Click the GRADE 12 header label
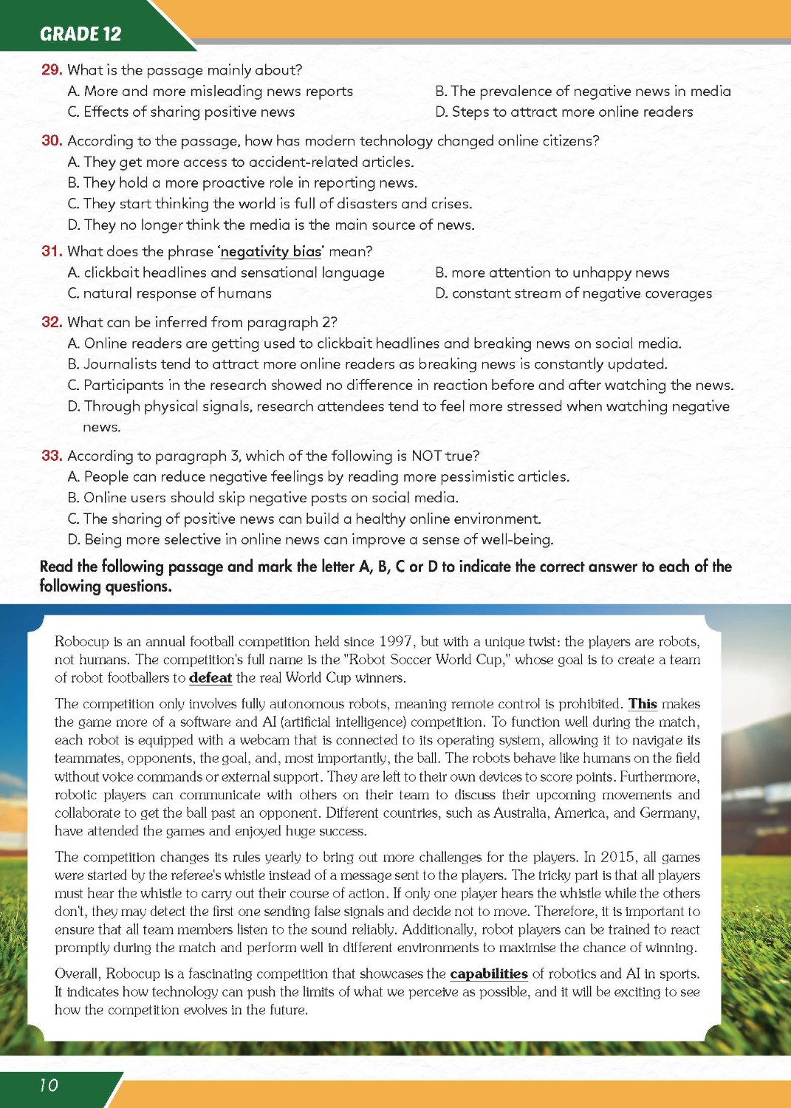pyautogui.click(x=81, y=34)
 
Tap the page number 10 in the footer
pyautogui.click(x=48, y=1084)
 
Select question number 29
pyautogui.click(x=51, y=70)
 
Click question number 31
pyautogui.click(x=51, y=251)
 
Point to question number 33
pyautogui.click(x=51, y=456)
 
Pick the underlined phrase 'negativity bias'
pyautogui.click(x=270, y=251)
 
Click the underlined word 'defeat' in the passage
pyautogui.click(x=210, y=678)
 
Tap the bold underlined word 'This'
pyautogui.click(x=643, y=704)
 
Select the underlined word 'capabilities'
pyautogui.click(x=489, y=974)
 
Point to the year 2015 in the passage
pyautogui.click(x=617, y=857)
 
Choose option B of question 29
pyautogui.click(x=583, y=91)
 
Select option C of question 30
pyautogui.click(x=270, y=204)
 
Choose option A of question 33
pyautogui.click(x=318, y=476)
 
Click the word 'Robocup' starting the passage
pyautogui.click(x=81, y=642)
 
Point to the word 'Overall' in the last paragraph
pyautogui.click(x=79, y=974)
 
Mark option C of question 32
pyautogui.click(x=400, y=385)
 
